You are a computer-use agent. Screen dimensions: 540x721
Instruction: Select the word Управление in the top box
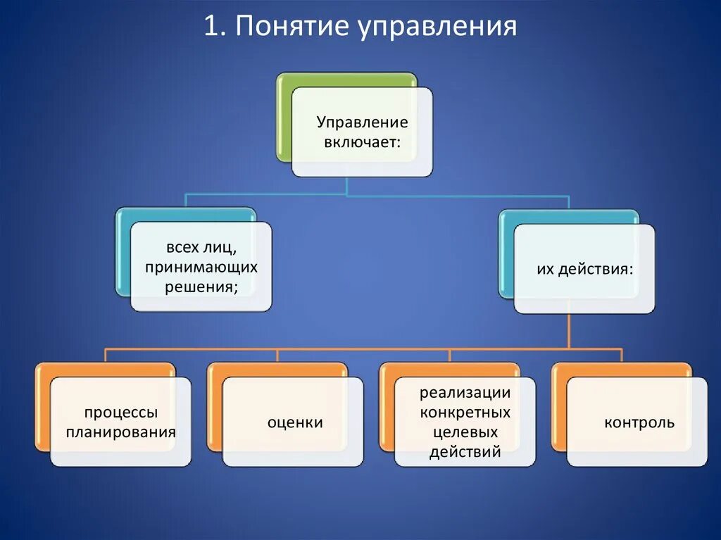coord(362,123)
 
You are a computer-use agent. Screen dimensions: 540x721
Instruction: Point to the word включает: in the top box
coord(362,142)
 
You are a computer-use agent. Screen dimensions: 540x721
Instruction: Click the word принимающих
coord(201,268)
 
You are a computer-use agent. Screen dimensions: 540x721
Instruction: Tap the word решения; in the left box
coord(201,286)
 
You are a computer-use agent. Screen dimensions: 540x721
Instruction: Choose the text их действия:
coord(584,270)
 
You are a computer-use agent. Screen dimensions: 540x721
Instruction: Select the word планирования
coord(121,432)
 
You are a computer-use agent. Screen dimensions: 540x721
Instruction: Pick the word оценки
coord(295,422)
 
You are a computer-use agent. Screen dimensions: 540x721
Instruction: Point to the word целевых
coord(465,432)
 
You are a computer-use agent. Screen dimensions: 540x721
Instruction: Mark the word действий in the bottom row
coord(465,451)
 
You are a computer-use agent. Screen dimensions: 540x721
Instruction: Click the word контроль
coord(639,422)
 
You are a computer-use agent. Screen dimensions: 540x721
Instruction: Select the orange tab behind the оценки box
coord(215,408)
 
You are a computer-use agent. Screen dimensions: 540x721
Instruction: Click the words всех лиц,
coord(201,249)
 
